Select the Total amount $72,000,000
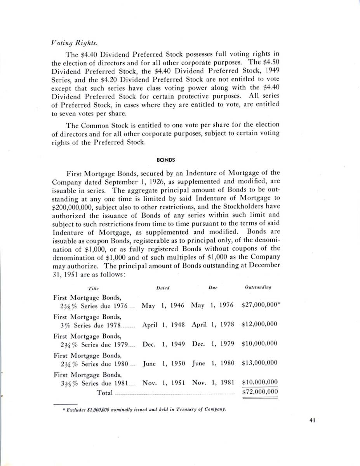[259, 391]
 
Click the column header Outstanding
[258, 287]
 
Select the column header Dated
[163, 288]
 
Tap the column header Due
[212, 288]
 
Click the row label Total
[104, 393]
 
